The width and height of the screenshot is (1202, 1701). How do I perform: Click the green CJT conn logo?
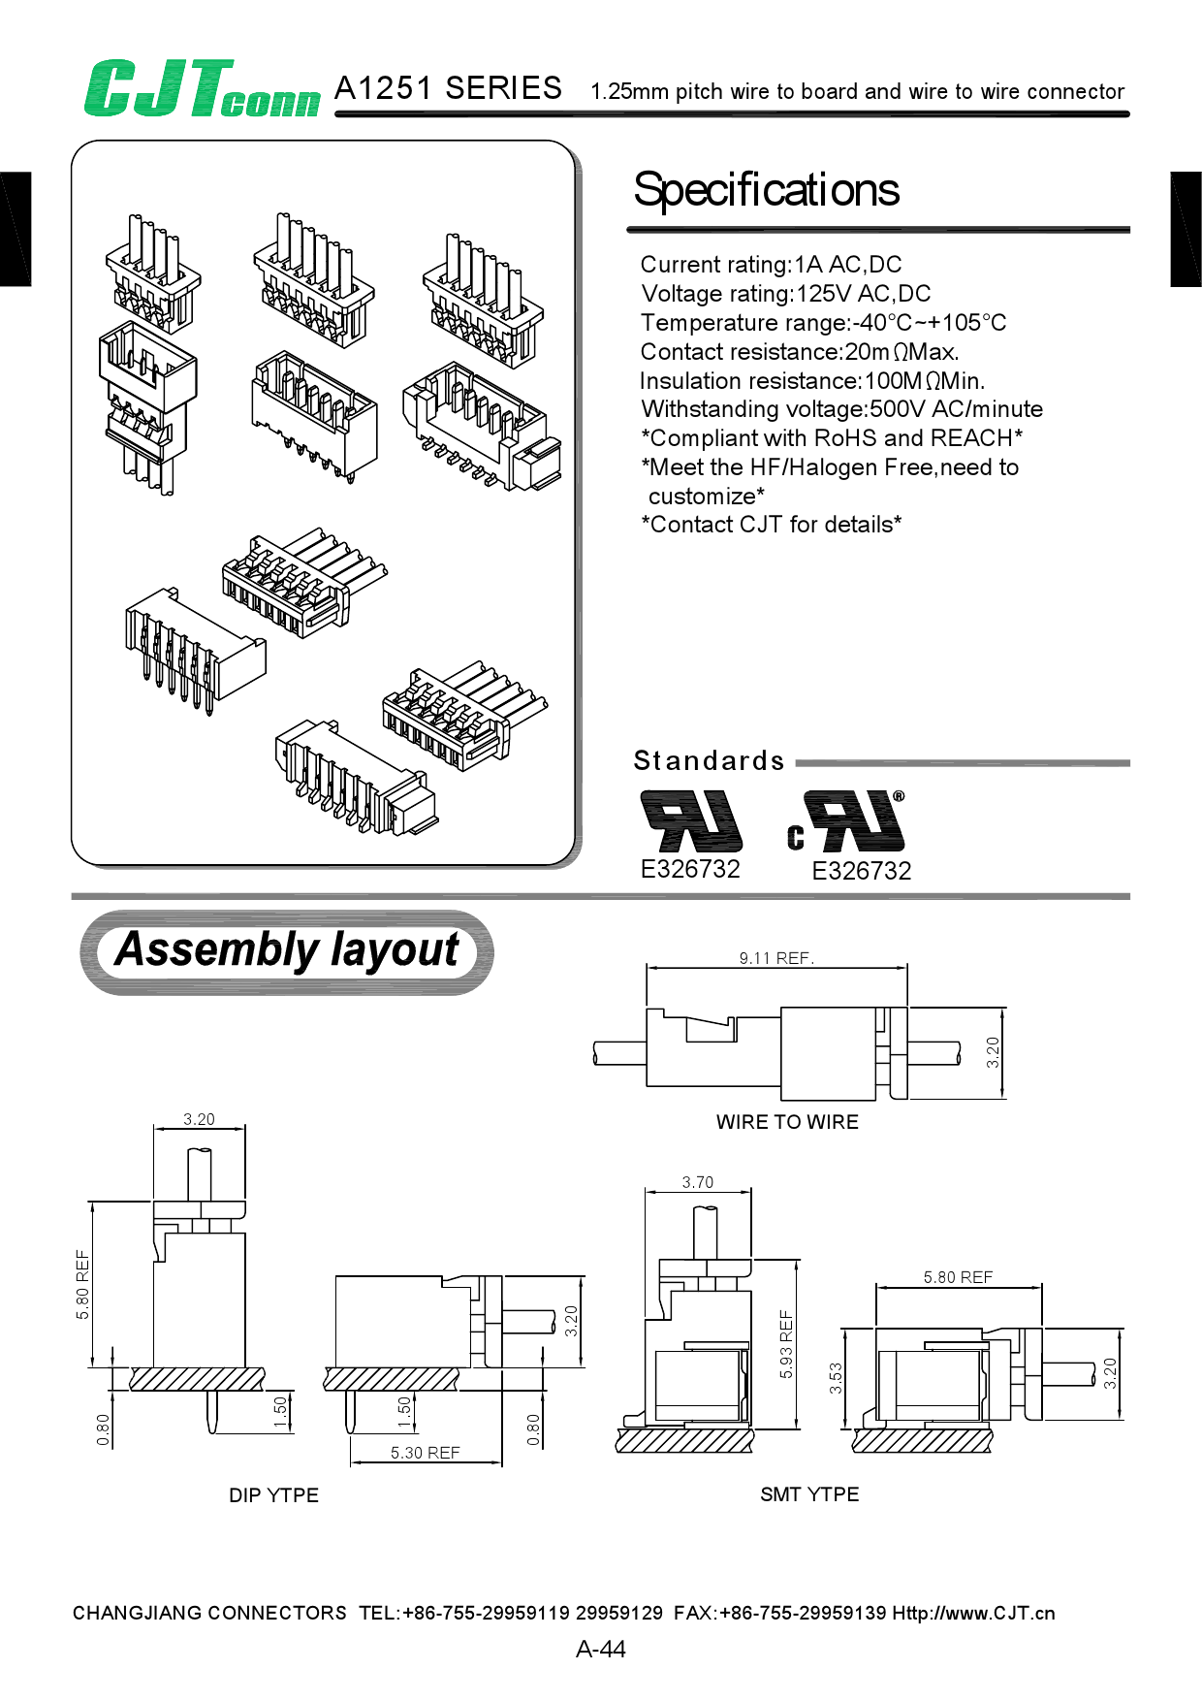pos(202,90)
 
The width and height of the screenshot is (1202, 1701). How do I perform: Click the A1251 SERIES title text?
pos(448,88)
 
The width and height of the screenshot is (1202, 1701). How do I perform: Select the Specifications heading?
pos(766,190)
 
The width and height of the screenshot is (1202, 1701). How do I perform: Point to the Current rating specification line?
pos(771,265)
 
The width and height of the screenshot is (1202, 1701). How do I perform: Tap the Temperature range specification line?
pos(823,323)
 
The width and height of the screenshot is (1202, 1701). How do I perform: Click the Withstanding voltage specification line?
pos(841,409)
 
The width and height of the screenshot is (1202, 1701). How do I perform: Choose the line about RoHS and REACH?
pos(832,438)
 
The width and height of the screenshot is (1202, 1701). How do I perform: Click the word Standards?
pos(709,761)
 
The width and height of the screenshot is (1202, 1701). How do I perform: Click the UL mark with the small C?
pos(847,822)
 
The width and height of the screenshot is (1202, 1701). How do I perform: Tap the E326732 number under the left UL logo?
pos(690,869)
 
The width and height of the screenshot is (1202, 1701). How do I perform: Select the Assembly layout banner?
pos(287,950)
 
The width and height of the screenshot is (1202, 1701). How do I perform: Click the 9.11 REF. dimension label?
pos(776,958)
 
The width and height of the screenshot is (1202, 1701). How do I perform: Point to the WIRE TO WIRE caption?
pos(787,1122)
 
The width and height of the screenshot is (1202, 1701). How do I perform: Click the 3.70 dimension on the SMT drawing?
pos(697,1182)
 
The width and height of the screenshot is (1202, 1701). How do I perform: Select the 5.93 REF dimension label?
pos(786,1344)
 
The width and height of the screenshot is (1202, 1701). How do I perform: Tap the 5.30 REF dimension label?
pos(425,1453)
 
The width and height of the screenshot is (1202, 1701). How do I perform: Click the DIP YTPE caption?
pos(273,1495)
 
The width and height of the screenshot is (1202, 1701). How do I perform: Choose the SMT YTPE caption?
pos(809,1494)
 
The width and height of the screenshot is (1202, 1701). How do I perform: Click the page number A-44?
pos(600,1649)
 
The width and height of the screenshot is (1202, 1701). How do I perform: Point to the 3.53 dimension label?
pos(836,1378)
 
